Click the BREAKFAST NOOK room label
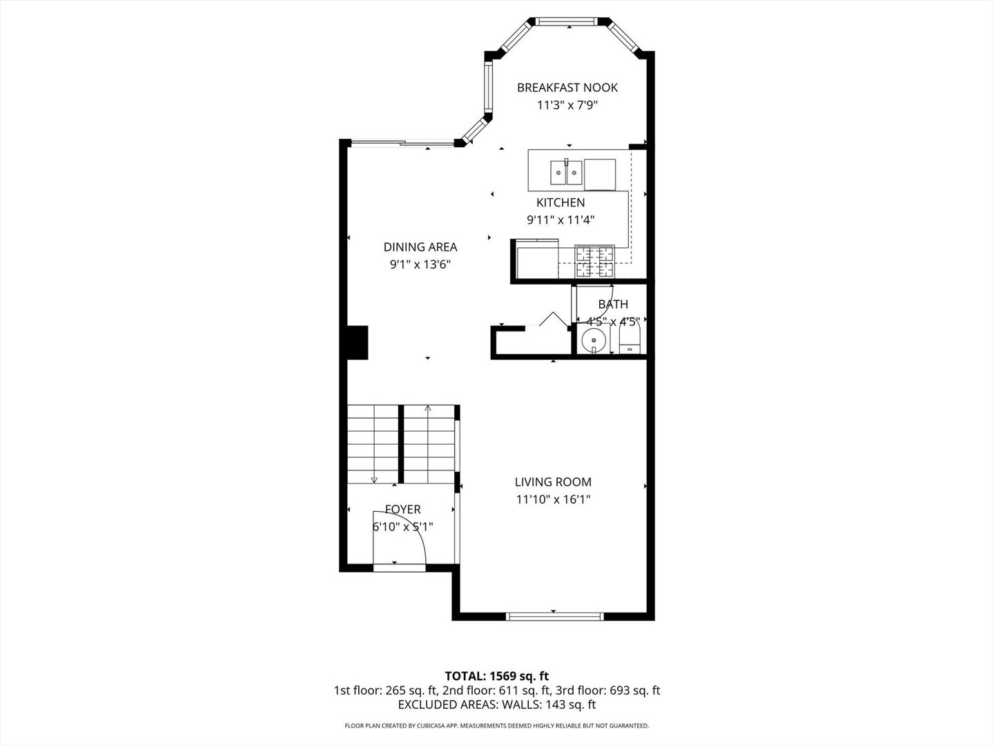[x=567, y=88]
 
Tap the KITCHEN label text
[x=561, y=202]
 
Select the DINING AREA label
[x=420, y=247]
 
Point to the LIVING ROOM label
[x=553, y=482]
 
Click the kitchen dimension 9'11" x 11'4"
[x=561, y=220]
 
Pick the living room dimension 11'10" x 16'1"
[x=553, y=499]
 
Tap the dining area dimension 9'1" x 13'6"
[x=420, y=265]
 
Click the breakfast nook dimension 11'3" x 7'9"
[x=567, y=105]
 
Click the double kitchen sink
[x=566, y=172]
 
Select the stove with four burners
[x=594, y=261]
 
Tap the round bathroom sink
[x=593, y=340]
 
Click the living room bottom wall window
[x=555, y=616]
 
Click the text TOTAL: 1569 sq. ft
[x=497, y=676]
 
